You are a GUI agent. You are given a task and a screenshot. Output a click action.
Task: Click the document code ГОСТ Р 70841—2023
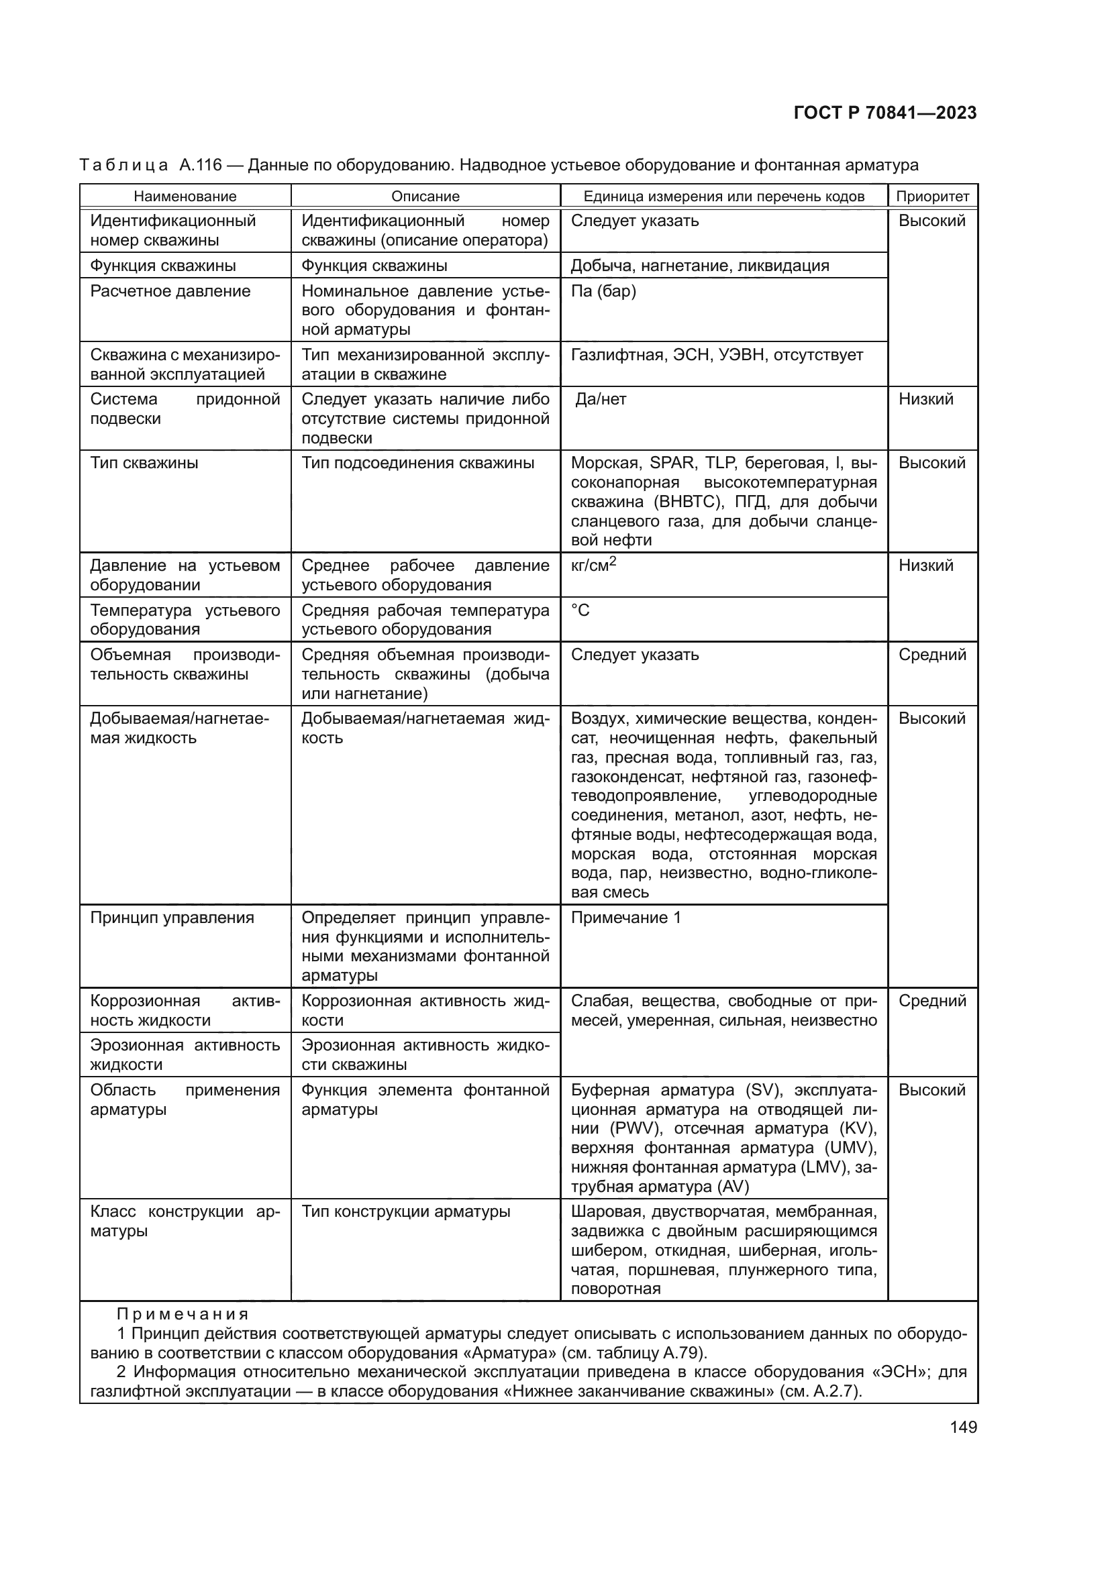click(885, 113)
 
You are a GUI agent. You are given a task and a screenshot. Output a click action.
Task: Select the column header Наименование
click(185, 197)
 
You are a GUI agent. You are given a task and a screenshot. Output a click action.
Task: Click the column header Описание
click(425, 197)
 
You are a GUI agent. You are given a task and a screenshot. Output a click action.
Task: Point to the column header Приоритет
click(932, 197)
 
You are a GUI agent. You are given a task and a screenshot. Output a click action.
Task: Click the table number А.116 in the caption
click(200, 166)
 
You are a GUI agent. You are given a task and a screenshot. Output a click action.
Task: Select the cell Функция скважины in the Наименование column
click(163, 266)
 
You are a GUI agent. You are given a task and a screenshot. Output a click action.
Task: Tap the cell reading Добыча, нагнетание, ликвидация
click(699, 266)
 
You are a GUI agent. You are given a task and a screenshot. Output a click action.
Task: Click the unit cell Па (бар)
click(603, 292)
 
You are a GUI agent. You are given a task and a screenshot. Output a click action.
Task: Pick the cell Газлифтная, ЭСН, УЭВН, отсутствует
click(716, 356)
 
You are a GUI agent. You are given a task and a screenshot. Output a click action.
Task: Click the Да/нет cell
click(600, 400)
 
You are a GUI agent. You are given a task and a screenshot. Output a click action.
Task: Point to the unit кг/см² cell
click(593, 566)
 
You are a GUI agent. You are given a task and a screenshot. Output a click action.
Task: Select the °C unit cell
click(581, 610)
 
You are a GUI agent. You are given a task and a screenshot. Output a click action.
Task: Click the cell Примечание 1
click(625, 918)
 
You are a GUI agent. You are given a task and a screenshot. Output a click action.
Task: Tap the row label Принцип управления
click(172, 918)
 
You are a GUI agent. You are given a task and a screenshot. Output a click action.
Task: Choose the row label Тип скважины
click(144, 464)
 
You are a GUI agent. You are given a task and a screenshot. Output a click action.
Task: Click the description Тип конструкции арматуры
click(405, 1211)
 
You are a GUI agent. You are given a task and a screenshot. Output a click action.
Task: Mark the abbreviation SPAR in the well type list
click(672, 464)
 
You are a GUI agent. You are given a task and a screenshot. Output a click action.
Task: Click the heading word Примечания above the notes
click(183, 1314)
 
